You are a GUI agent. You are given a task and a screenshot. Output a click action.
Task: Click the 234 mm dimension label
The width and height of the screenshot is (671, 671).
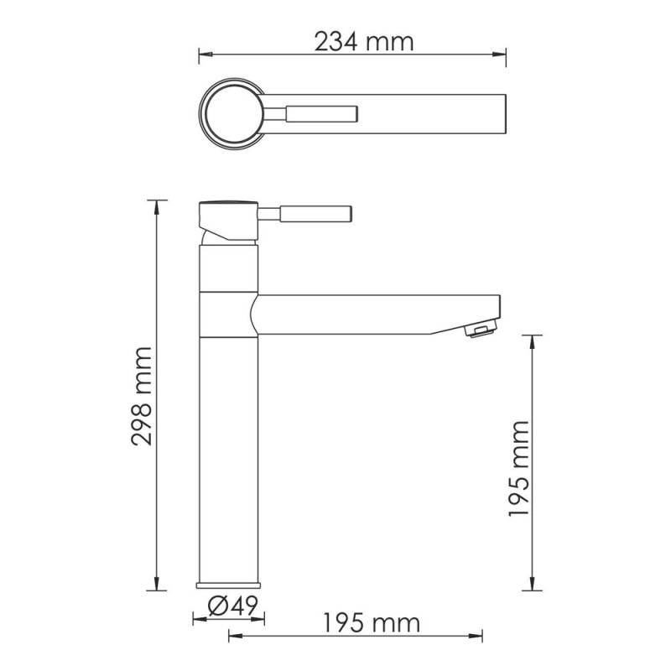[x=364, y=41]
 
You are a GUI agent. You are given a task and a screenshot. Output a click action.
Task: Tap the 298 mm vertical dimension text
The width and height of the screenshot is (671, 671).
[x=142, y=395]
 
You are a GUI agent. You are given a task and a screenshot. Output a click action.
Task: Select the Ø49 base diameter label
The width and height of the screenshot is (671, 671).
[x=229, y=605]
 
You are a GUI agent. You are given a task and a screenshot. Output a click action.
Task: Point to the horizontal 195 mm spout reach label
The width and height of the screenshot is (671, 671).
[x=371, y=623]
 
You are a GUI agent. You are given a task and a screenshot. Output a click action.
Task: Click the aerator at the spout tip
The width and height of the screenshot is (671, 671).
[x=479, y=332]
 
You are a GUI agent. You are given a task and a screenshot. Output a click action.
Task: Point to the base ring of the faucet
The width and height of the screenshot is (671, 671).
[x=229, y=585]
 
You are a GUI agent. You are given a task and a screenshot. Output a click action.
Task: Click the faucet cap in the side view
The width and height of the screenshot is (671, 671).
[x=226, y=205]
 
